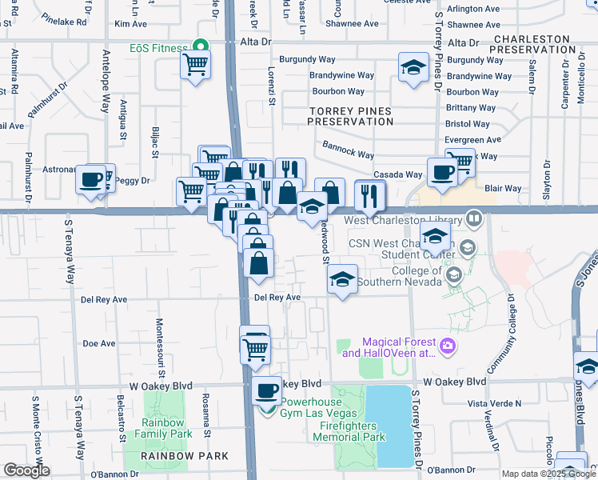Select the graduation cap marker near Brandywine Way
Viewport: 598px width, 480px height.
click(412, 67)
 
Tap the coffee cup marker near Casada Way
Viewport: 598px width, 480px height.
click(441, 171)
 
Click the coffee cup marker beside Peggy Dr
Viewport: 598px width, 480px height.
click(91, 178)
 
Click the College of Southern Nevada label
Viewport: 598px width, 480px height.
click(401, 276)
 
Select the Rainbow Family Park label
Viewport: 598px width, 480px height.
click(165, 428)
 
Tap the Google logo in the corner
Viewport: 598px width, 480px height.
click(26, 470)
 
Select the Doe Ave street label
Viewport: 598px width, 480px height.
click(98, 343)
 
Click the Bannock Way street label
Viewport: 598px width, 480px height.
click(348, 150)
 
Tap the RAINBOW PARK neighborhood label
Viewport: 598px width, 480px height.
click(185, 456)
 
